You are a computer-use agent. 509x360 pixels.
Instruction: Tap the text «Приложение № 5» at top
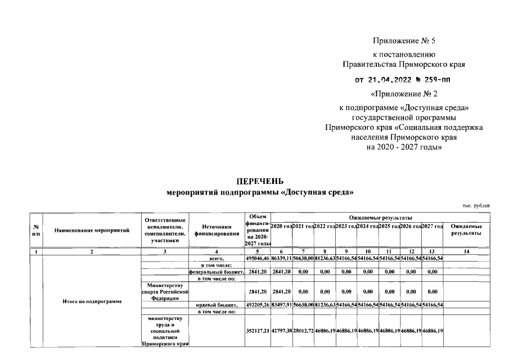404,40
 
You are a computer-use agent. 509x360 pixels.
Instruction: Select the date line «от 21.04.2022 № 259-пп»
403,80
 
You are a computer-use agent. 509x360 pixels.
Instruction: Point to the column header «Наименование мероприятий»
92,230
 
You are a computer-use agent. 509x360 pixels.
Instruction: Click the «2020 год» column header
281,226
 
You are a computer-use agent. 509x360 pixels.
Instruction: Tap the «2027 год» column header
433,226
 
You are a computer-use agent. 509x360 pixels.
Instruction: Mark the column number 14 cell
466,251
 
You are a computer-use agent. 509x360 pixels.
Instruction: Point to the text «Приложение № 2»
404,93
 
